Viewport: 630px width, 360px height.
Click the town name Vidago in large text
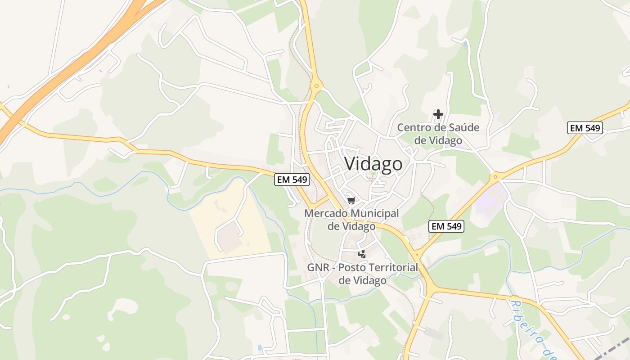373,164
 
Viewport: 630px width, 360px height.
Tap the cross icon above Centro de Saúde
438,114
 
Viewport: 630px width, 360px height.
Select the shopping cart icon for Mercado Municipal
351,200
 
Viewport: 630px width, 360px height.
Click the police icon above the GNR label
362,254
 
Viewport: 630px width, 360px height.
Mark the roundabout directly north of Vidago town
316,85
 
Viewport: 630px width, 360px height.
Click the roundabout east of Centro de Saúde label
496,176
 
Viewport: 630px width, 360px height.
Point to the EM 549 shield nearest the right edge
585,128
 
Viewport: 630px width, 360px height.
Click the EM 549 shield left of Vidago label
292,180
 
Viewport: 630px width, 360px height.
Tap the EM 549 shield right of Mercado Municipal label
446,226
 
